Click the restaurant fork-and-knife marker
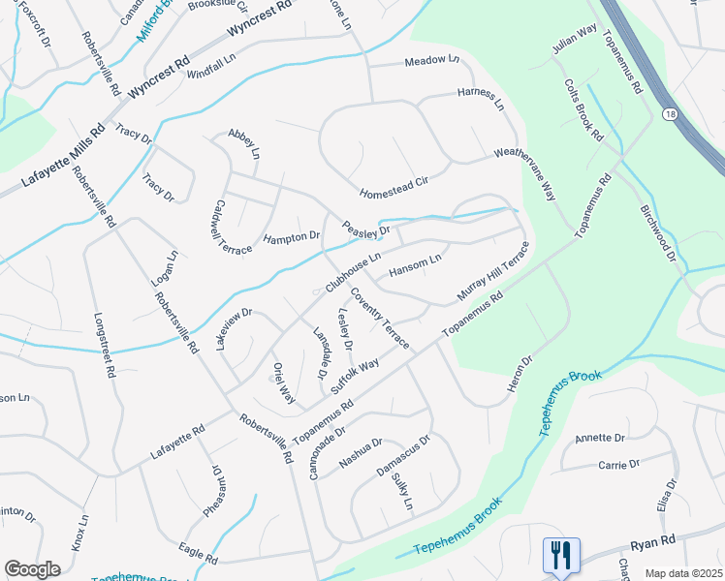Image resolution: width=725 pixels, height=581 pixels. click(x=561, y=556)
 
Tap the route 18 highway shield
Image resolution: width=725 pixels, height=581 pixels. click(x=669, y=114)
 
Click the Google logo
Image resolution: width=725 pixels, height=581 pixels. click(x=32, y=569)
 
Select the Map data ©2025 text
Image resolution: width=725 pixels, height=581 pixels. click(x=682, y=573)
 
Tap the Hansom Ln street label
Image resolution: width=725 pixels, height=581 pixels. click(x=415, y=265)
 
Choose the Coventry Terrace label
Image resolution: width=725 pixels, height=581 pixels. click(x=379, y=319)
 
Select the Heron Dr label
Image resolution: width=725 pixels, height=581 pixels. click(x=520, y=375)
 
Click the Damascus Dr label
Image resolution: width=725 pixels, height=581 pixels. click(x=402, y=455)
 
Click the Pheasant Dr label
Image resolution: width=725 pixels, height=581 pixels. click(x=217, y=492)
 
